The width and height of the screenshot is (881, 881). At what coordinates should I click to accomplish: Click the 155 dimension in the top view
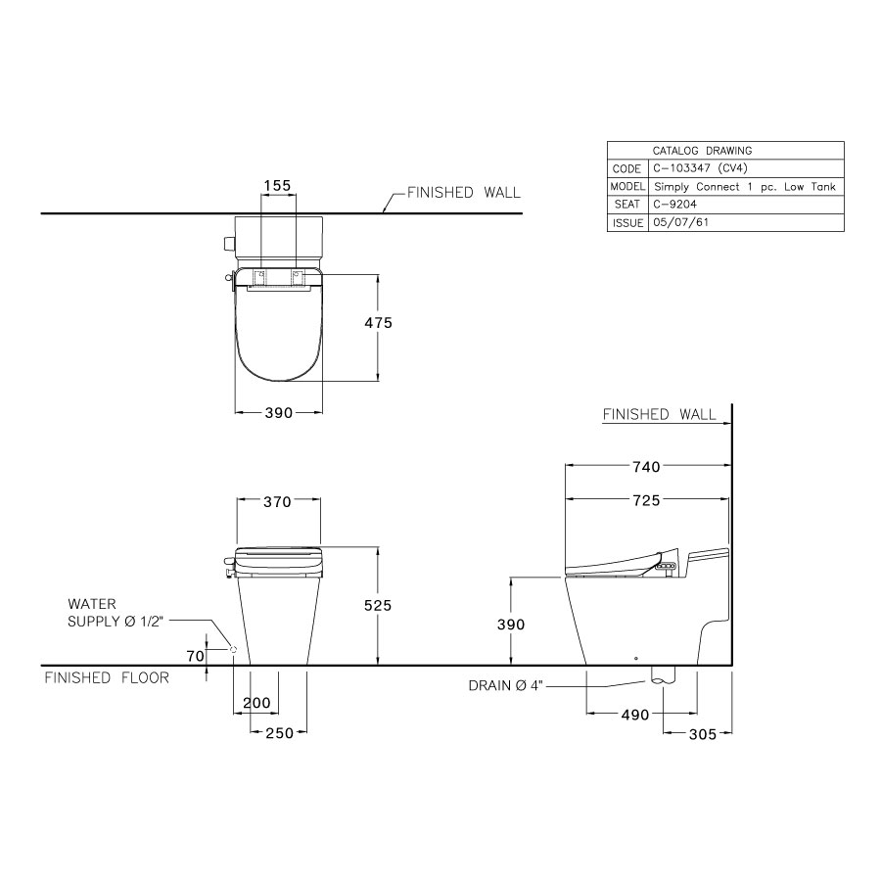278,184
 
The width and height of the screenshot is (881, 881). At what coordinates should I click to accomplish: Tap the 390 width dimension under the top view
279,413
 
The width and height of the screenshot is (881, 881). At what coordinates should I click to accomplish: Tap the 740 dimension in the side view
646,467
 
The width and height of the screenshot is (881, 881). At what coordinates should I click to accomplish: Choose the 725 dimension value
646,500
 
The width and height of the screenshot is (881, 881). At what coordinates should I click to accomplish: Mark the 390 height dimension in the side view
511,625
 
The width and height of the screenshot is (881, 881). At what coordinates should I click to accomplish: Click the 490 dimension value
635,715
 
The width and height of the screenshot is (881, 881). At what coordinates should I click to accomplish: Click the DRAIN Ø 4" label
506,686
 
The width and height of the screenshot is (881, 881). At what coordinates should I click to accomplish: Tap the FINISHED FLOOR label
107,677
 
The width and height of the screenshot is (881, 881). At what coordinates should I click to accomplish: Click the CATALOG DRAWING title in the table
702,151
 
